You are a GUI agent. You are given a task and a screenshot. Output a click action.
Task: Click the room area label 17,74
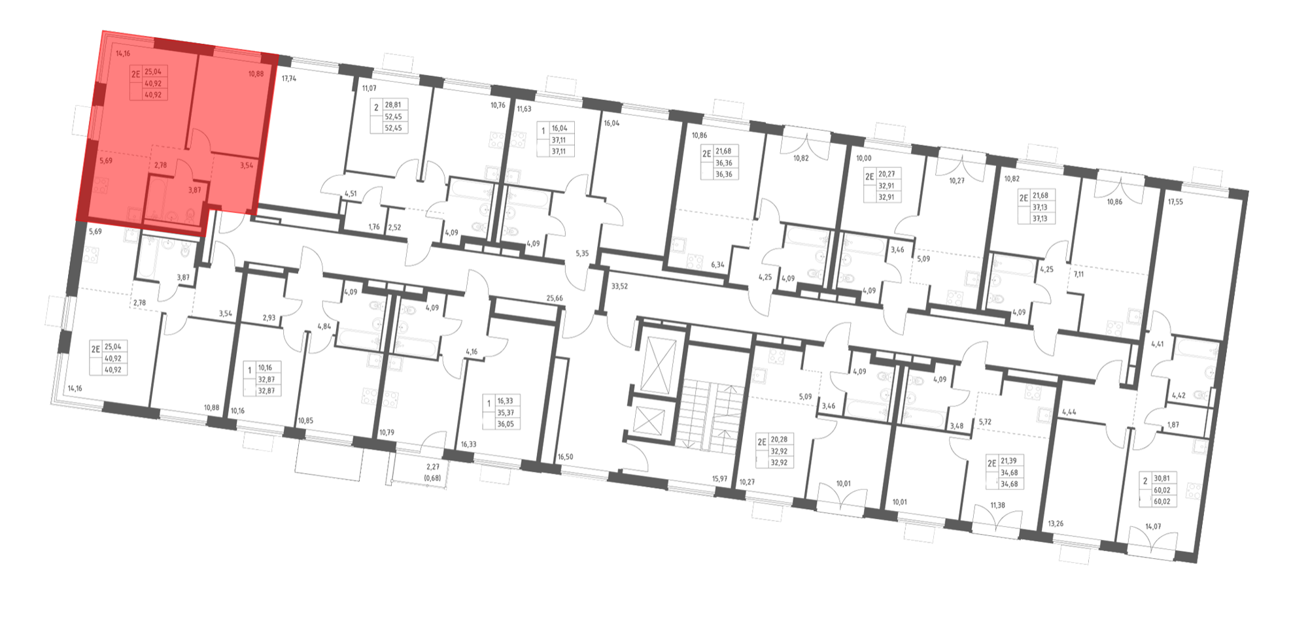[288, 78]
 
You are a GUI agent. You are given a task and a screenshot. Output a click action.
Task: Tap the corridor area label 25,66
[555, 298]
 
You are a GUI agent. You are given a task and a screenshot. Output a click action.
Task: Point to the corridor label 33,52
[619, 286]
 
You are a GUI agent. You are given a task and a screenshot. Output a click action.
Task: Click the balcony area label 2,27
[433, 467]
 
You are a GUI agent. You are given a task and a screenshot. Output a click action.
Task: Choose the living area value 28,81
[393, 105]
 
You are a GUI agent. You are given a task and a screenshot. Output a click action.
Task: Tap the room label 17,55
[1176, 202]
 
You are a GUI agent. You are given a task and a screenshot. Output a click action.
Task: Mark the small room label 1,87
[1173, 425]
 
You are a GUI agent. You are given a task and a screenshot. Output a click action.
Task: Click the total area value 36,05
[506, 424]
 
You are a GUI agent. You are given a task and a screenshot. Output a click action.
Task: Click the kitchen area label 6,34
[717, 265]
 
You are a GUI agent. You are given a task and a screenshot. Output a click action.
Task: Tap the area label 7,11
[1079, 275]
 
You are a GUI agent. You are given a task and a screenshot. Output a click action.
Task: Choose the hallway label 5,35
[582, 252]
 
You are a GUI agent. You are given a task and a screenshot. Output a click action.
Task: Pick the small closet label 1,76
[374, 227]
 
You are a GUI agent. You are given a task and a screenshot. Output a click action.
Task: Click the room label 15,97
[719, 478]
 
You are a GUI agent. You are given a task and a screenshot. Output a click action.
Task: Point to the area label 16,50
[565, 457]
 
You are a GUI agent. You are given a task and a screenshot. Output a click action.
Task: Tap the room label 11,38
[997, 505]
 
